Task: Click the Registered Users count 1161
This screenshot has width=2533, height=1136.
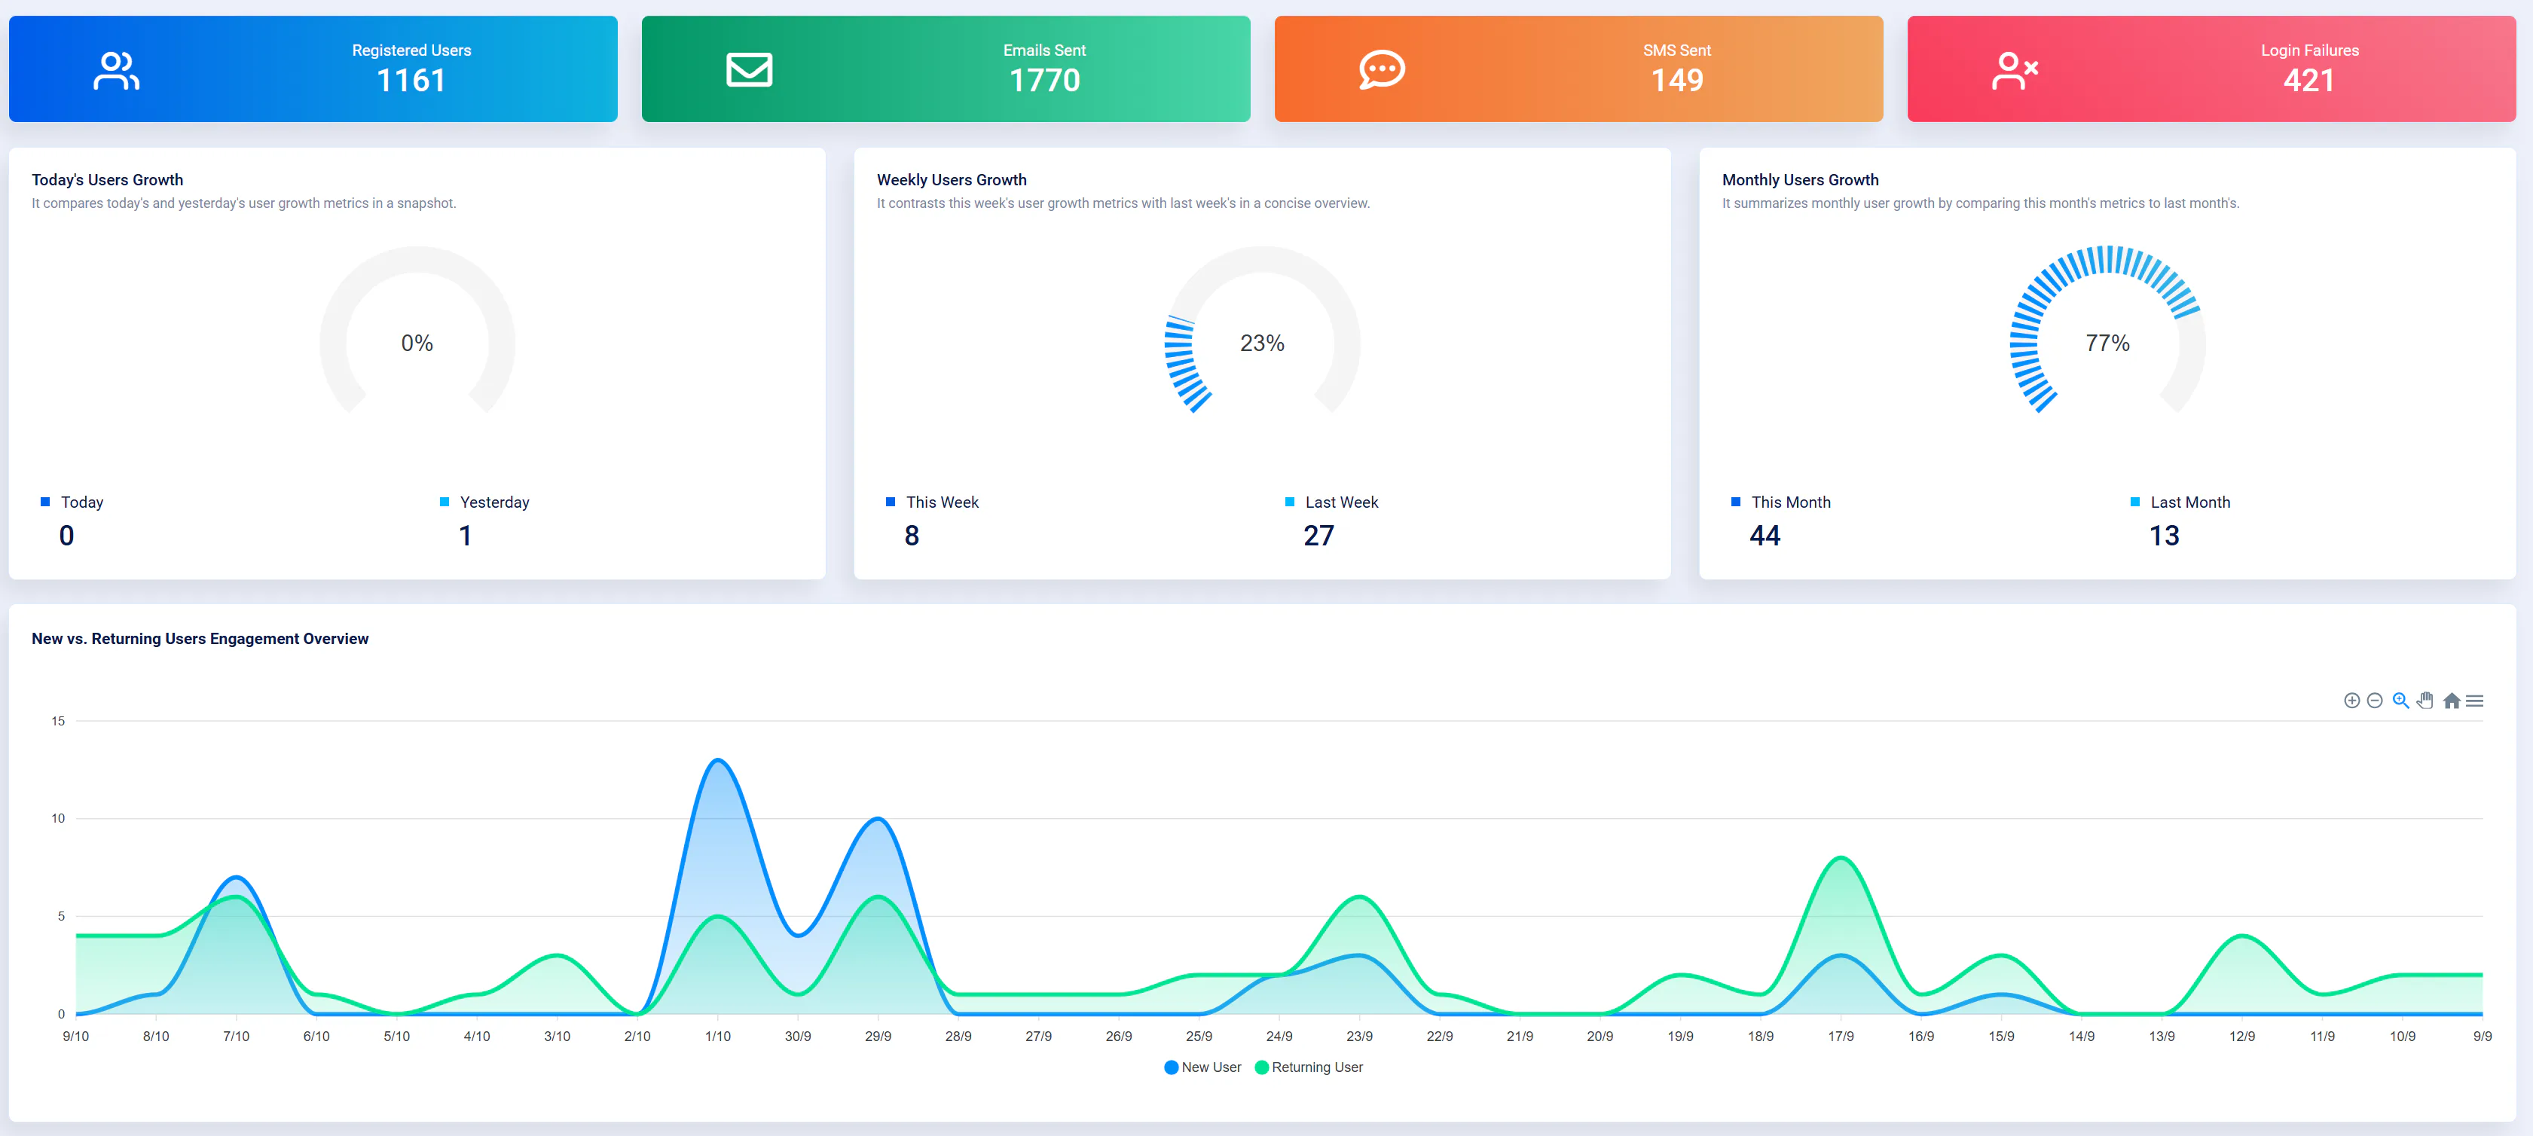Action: tap(411, 81)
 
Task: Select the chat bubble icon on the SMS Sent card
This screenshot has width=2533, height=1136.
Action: tap(1382, 70)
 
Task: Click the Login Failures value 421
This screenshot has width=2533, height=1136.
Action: tap(2308, 81)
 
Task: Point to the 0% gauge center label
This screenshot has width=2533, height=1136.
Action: tap(417, 344)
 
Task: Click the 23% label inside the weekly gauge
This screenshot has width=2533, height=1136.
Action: tap(1261, 344)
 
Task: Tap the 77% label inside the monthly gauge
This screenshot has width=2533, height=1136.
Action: tap(2107, 344)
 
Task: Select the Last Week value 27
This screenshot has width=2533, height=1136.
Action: tap(1318, 536)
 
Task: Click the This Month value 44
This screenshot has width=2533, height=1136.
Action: tap(1765, 536)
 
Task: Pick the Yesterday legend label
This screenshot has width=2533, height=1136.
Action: tap(493, 502)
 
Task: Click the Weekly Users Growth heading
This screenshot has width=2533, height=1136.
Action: tap(951, 180)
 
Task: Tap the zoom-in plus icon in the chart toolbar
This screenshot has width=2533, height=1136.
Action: tap(2351, 701)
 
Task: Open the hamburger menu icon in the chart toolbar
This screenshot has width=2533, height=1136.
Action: tap(2475, 701)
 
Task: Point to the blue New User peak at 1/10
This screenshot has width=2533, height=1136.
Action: tap(718, 760)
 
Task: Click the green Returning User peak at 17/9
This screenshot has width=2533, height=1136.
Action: tap(1841, 858)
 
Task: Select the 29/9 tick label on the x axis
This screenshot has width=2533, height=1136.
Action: tap(878, 1037)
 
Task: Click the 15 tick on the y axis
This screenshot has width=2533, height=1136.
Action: tap(58, 721)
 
